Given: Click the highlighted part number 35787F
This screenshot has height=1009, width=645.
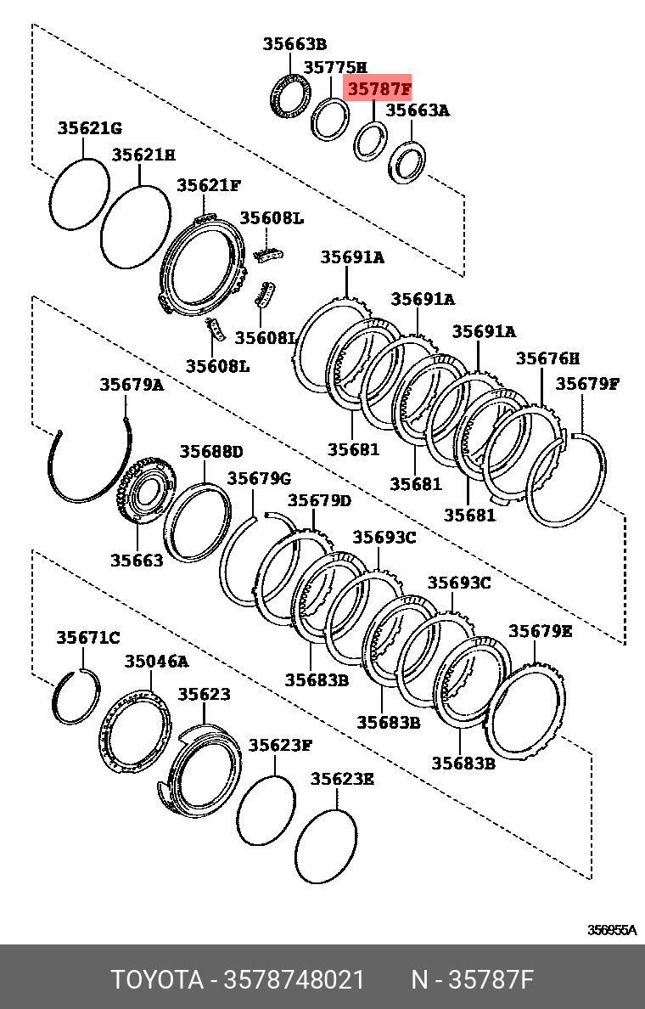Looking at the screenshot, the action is point(377,88).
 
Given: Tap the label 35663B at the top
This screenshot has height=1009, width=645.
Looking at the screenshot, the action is point(294,44).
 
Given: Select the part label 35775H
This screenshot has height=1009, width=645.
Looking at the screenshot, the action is point(335,67).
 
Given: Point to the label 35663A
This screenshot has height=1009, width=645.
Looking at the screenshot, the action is point(418,110).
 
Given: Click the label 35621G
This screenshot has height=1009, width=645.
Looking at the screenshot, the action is point(90,128).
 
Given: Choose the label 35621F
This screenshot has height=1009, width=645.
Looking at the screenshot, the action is point(209,185).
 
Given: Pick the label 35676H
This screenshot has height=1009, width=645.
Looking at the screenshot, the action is point(547,358).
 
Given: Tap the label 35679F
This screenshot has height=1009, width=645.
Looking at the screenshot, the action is point(587,383).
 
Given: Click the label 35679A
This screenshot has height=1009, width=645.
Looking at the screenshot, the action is point(132,384).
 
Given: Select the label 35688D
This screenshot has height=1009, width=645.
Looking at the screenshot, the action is point(210,451).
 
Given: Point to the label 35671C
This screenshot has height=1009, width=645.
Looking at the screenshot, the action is point(88,637).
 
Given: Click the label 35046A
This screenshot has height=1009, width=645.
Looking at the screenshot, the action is point(156,661).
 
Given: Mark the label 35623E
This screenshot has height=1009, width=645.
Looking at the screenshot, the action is point(342,779).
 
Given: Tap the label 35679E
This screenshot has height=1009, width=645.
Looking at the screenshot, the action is point(540,631).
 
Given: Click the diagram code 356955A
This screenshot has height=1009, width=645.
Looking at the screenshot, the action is point(612,930).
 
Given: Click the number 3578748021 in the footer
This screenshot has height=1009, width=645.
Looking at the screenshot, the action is point(294,980).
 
